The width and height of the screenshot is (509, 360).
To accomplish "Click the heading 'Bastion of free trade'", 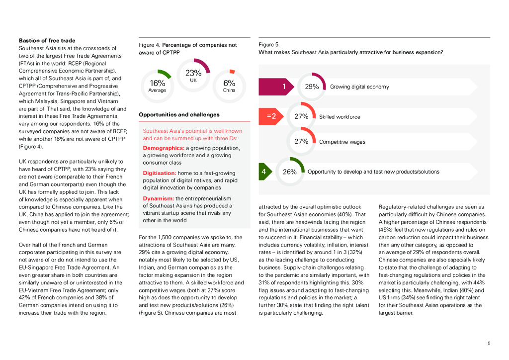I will pyautogui.click(x=47, y=40).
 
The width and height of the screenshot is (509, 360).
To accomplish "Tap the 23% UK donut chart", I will pyautogui.click(x=193, y=75).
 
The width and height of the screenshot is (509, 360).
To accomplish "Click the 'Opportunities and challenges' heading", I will pyautogui.click(x=179, y=115).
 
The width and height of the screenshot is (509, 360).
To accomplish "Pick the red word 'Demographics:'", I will pyautogui.click(x=164, y=148).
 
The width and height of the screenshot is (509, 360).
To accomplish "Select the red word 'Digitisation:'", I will pyautogui.click(x=160, y=173).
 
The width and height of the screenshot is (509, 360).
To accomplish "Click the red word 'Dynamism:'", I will pyautogui.click(x=158, y=198).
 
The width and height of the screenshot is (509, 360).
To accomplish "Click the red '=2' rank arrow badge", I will pyautogui.click(x=271, y=116).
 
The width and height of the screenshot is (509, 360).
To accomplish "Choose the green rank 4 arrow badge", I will pyautogui.click(x=265, y=172).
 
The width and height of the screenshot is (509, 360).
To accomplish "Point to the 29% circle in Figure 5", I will pyautogui.click(x=312, y=87).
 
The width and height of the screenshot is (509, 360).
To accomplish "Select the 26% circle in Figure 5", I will pyautogui.click(x=290, y=172).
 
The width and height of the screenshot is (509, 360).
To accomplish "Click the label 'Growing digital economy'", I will pyautogui.click(x=359, y=87).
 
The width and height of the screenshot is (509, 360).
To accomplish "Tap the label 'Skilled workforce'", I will pyautogui.click(x=339, y=117).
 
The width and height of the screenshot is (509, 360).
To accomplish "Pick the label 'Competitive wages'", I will pyautogui.click(x=342, y=142).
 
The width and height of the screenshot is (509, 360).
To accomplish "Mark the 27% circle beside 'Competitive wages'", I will pyautogui.click(x=301, y=142).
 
